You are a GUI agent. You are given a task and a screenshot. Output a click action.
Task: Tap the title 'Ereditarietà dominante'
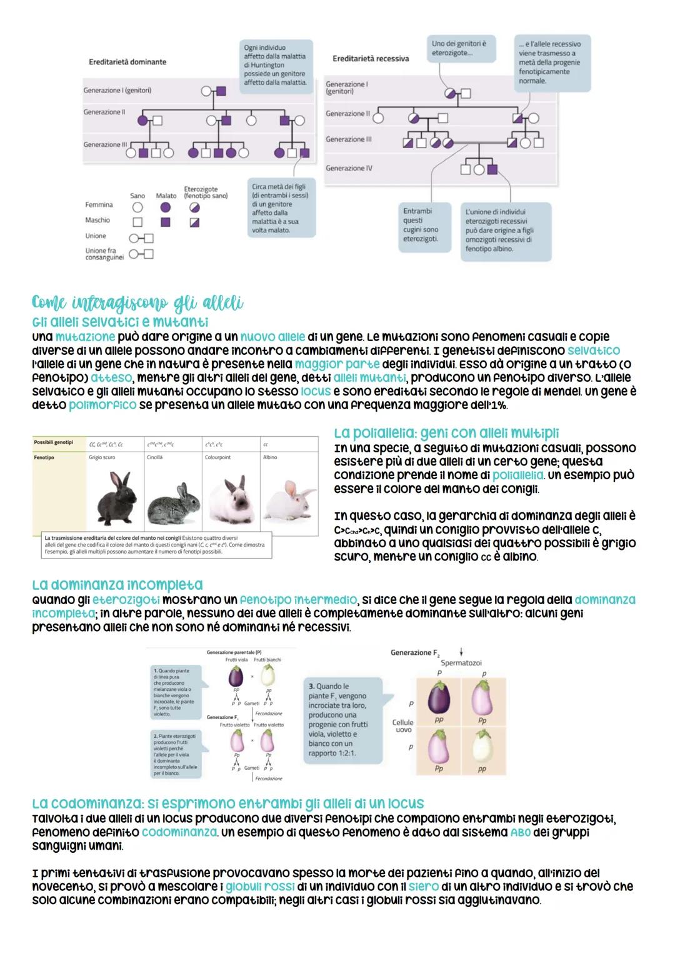(127, 62)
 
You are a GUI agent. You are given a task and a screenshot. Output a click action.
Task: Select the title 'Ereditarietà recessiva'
(371, 58)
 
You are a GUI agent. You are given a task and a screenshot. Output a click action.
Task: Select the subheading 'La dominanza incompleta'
(117, 585)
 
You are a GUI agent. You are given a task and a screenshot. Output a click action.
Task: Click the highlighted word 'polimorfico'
(102, 405)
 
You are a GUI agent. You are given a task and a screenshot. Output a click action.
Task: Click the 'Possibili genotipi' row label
(54, 442)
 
